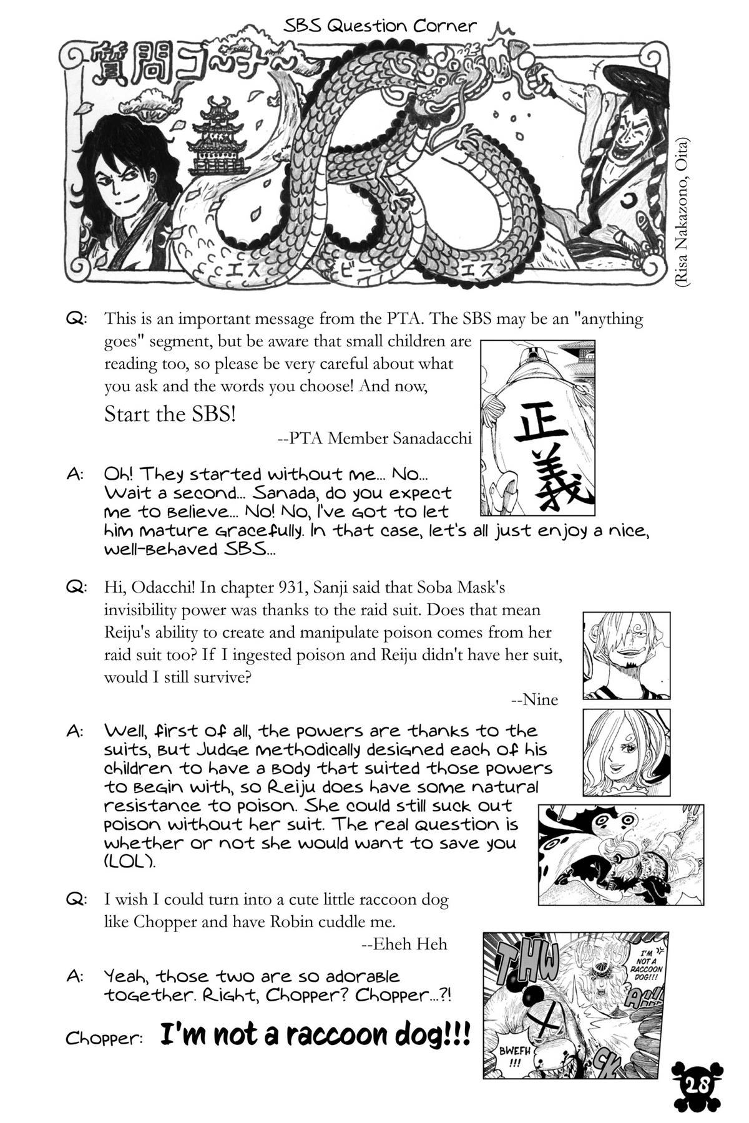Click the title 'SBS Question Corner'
point(379,26)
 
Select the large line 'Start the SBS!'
point(170,414)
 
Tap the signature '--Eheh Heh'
point(404,944)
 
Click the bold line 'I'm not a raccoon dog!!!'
point(315,1036)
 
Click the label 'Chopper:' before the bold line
point(105,1039)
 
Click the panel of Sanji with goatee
point(626,655)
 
